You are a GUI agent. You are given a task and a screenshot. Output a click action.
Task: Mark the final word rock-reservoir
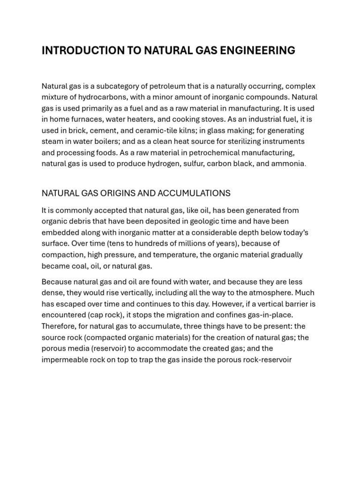click(x=265, y=360)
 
